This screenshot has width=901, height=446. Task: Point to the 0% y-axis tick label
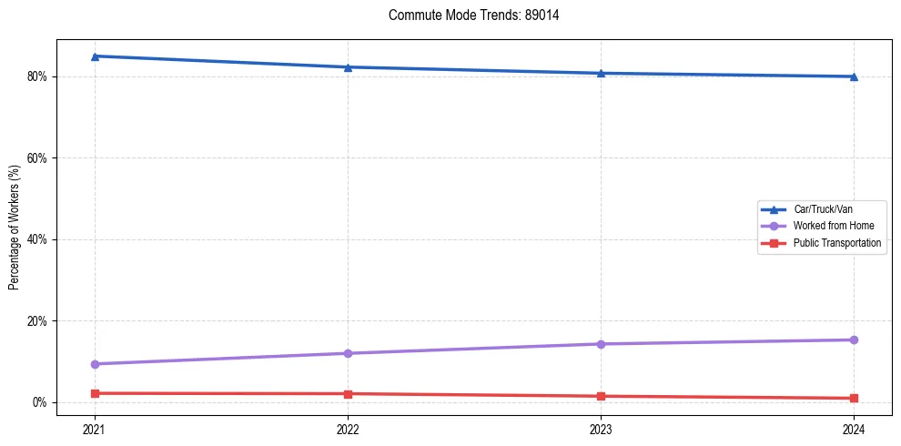pos(39,402)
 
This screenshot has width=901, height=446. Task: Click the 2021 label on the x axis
pos(95,429)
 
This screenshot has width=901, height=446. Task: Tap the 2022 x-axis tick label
pos(348,429)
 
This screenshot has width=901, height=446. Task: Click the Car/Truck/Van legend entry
pos(823,209)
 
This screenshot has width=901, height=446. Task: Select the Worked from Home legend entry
pos(833,226)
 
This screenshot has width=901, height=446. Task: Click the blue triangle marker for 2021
pos(95,56)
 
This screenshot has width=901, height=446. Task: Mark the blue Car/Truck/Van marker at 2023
pos(601,73)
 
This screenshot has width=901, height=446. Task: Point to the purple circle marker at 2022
pos(348,353)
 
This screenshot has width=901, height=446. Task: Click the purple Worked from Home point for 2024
pos(854,340)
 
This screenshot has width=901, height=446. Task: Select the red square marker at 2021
pos(95,393)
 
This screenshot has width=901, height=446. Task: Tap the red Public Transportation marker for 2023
pos(601,396)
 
